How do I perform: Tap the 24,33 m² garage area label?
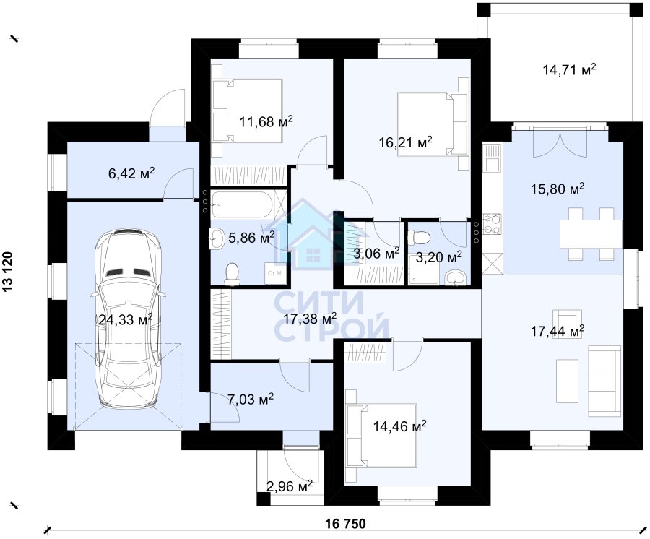pyautogui.click(x=126, y=319)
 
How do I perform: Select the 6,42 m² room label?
pyautogui.click(x=131, y=173)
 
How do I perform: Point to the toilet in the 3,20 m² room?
pyautogui.click(x=419, y=238)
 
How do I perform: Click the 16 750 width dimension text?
pyautogui.click(x=346, y=524)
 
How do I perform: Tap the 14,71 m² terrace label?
pyautogui.click(x=570, y=69)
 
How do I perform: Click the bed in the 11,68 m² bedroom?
pyautogui.click(x=248, y=111)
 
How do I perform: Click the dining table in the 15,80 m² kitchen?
pyautogui.click(x=591, y=234)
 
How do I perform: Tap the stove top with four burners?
pyautogui.click(x=492, y=224)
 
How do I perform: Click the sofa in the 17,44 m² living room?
pyautogui.click(x=604, y=381)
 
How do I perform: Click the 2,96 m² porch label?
pyautogui.click(x=290, y=486)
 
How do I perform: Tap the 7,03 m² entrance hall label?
pyautogui.click(x=251, y=400)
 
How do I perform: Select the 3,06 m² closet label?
pyautogui.click(x=377, y=252)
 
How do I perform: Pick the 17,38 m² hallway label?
pyautogui.click(x=310, y=319)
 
